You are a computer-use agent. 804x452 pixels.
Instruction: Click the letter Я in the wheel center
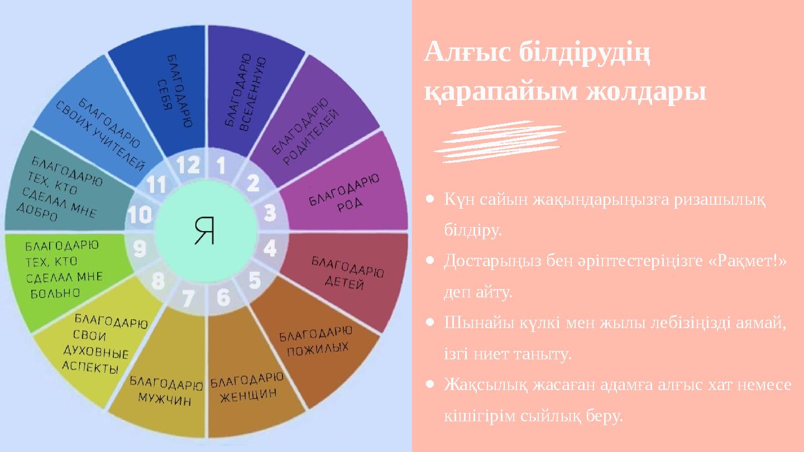205,230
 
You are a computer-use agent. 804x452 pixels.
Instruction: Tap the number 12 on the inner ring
188,165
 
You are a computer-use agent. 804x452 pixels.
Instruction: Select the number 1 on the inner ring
221,165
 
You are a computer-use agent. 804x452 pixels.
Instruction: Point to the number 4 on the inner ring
270,248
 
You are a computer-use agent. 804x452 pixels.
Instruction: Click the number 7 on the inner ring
188,298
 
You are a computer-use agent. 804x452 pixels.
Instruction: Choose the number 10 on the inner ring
140,215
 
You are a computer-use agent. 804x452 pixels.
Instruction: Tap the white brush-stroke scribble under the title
500,141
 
